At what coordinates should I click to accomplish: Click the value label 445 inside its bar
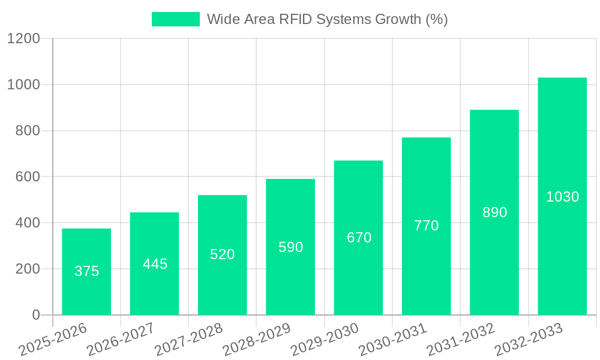tap(155, 264)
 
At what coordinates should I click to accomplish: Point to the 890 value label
tap(494, 212)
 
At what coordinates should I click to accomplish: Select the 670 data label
tap(359, 238)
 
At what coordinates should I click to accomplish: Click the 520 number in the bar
tap(222, 254)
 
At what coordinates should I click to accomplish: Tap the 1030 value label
tap(562, 197)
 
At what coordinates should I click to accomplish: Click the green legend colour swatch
tap(175, 19)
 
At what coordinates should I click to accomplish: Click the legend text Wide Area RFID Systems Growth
tap(327, 19)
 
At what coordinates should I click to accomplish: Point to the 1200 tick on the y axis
tap(23, 39)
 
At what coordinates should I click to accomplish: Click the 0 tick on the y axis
tap(36, 315)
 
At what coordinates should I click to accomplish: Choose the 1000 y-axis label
tap(23, 85)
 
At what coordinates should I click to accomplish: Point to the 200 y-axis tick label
tap(28, 269)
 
